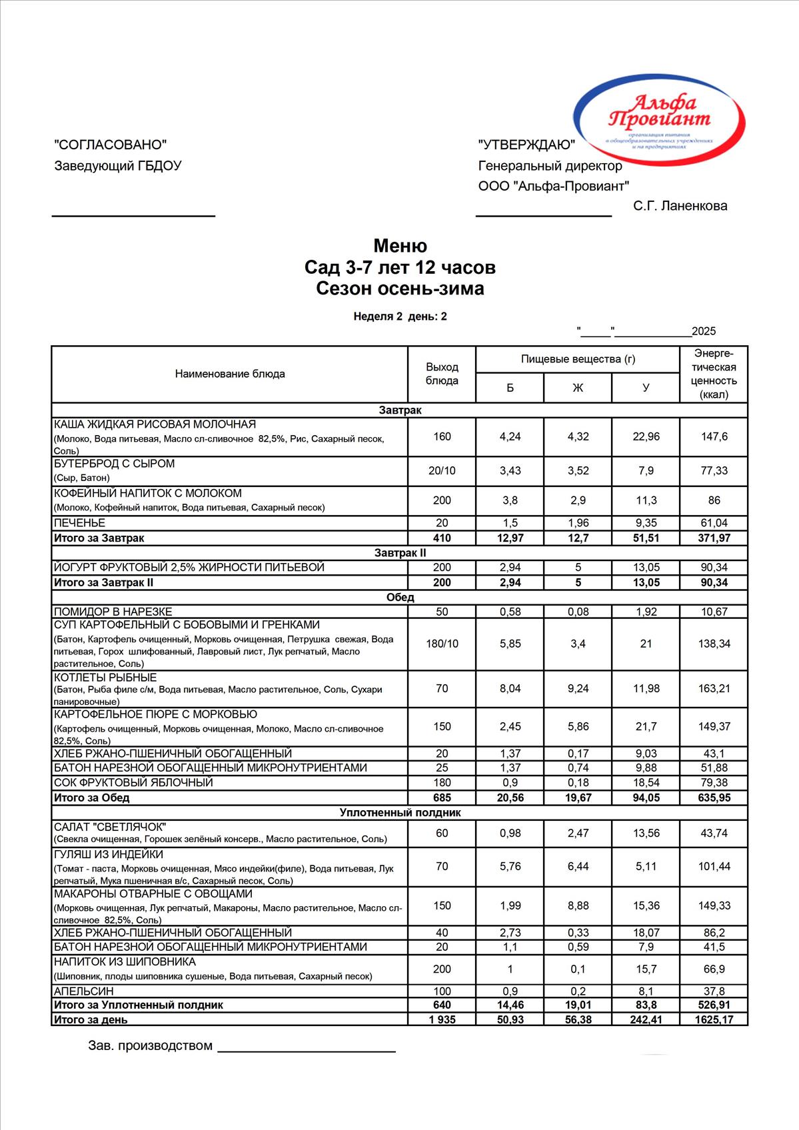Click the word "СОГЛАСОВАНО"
click(x=110, y=145)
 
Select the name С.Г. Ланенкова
click(x=680, y=206)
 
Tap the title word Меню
click(x=400, y=246)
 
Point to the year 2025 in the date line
click(x=704, y=331)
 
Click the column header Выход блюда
click(x=442, y=374)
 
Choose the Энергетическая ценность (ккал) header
click(x=714, y=374)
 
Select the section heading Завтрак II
click(x=400, y=553)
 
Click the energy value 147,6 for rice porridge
click(x=714, y=436)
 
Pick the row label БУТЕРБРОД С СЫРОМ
click(x=114, y=464)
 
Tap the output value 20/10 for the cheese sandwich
click(x=442, y=470)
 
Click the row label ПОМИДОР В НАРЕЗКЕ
click(x=113, y=612)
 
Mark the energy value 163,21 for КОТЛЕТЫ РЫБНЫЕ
click(x=714, y=688)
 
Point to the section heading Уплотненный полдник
click(x=400, y=813)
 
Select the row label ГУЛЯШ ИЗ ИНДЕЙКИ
click(x=109, y=855)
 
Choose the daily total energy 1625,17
click(x=714, y=1019)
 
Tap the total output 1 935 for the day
click(x=442, y=1019)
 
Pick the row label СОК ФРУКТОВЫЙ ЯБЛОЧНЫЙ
click(x=133, y=783)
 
